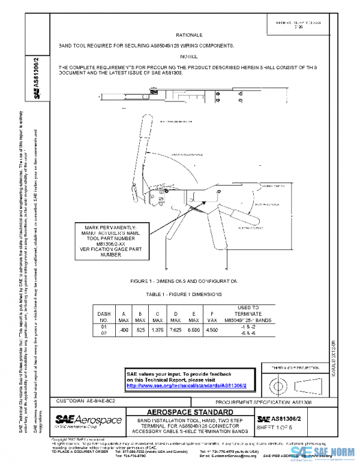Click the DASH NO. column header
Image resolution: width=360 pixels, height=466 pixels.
tap(103, 317)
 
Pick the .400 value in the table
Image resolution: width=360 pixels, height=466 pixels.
tap(124, 330)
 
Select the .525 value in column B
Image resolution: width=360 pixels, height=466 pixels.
tap(141, 330)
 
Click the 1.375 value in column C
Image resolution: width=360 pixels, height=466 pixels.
tap(158, 330)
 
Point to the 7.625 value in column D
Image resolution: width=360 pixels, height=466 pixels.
tap(176, 330)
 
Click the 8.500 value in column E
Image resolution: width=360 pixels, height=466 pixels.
tap(193, 330)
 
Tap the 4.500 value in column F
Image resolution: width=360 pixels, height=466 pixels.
tap(212, 330)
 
